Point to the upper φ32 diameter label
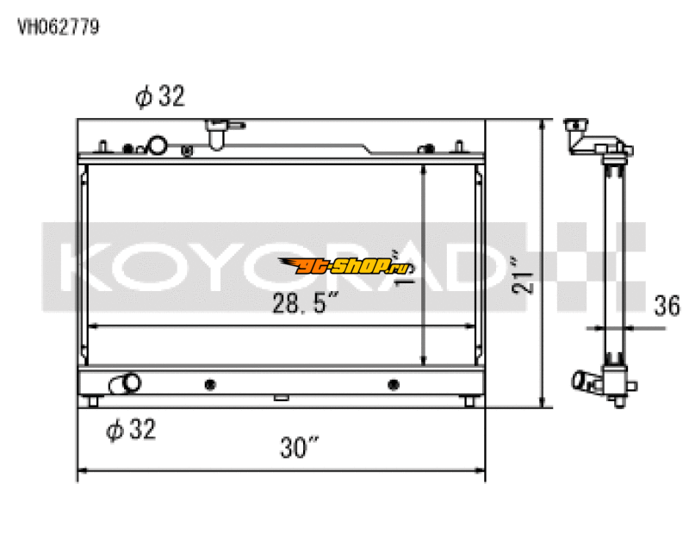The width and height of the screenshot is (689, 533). (160, 97)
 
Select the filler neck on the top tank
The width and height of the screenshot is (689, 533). (216, 133)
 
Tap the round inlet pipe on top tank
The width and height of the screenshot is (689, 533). (158, 146)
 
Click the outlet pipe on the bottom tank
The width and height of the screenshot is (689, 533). (127, 382)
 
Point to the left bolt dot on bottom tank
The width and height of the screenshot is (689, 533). (210, 384)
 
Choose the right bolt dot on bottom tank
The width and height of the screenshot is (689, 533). (394, 384)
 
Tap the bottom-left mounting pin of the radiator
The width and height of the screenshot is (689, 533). (94, 401)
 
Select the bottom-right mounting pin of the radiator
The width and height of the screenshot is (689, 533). (468, 401)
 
